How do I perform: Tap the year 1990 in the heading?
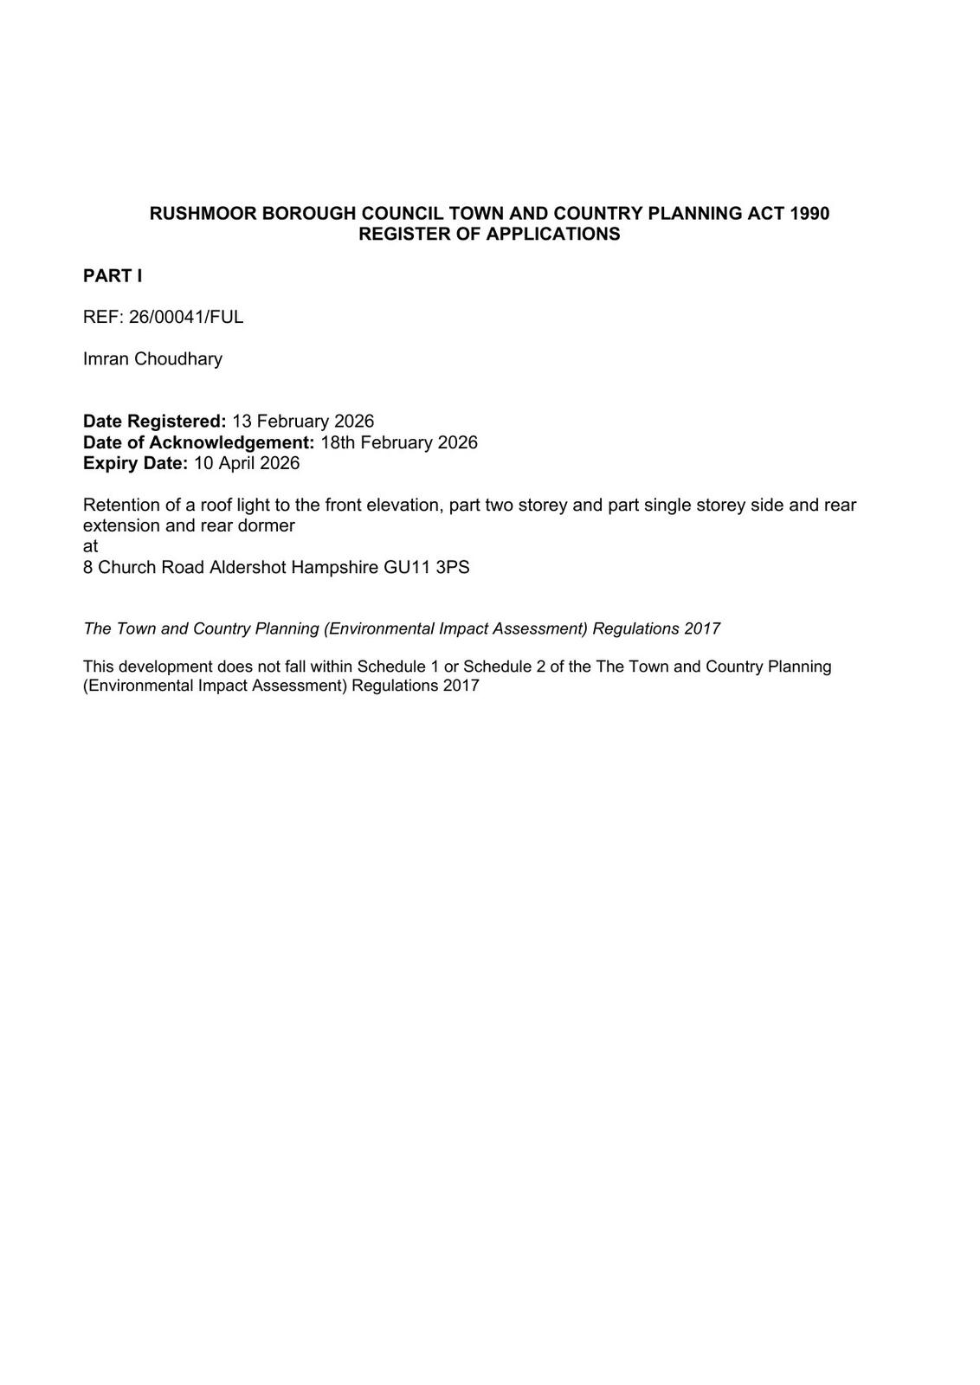click(x=809, y=213)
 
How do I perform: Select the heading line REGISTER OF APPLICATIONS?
click(x=489, y=234)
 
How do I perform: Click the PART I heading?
click(x=113, y=276)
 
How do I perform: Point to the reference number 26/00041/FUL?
click(x=186, y=317)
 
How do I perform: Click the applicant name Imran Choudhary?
click(x=152, y=358)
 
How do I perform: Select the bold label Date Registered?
click(x=154, y=422)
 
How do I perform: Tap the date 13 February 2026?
click(x=303, y=422)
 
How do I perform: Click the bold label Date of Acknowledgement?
click(x=198, y=442)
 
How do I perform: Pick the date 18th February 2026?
click(x=398, y=442)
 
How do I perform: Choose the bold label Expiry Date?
click(x=135, y=463)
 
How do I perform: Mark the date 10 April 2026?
click(x=247, y=463)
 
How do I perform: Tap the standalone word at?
click(x=90, y=546)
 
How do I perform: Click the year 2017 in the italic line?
click(x=702, y=628)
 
